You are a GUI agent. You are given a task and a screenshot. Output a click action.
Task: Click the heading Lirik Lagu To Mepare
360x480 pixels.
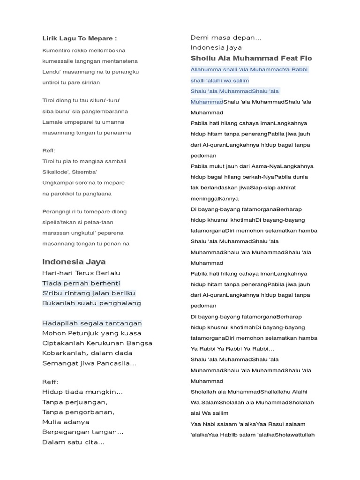click(x=79, y=38)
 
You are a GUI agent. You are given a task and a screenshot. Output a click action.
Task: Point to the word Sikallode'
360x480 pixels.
click(x=56, y=172)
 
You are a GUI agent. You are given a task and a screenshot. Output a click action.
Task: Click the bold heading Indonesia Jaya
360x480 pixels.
click(x=74, y=262)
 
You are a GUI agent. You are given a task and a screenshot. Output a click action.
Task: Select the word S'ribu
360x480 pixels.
click(x=53, y=293)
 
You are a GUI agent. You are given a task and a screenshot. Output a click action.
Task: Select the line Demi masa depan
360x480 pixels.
click(x=226, y=37)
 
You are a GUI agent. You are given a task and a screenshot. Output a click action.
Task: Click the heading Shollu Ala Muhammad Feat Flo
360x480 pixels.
click(x=251, y=58)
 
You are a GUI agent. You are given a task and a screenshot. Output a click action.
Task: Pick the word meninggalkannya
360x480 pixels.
click(x=215, y=198)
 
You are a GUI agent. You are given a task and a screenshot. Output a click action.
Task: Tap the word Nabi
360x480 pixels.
click(x=207, y=424)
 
